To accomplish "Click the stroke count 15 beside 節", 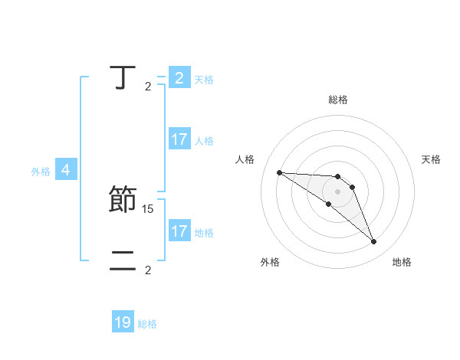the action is coord(149,208).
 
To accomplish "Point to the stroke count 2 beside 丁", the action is coord(148,87).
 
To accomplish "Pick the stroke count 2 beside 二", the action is coord(148,270).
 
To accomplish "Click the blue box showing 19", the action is coord(123,322).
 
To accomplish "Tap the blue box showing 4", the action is coord(66,170).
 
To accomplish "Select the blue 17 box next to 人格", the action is coord(179,139).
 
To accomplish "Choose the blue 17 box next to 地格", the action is coord(179,231).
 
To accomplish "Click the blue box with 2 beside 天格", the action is coord(179,78).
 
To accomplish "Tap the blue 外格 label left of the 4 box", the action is coord(41,172).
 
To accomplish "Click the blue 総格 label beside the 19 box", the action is coord(147,324).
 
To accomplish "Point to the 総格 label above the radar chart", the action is coord(338,100).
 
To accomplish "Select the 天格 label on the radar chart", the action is coord(432,159).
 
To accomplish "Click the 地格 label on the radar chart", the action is coord(402,262).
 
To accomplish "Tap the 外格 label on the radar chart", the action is coord(270,262).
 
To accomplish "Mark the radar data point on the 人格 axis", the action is coord(279,172).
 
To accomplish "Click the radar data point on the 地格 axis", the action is coord(374,242).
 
